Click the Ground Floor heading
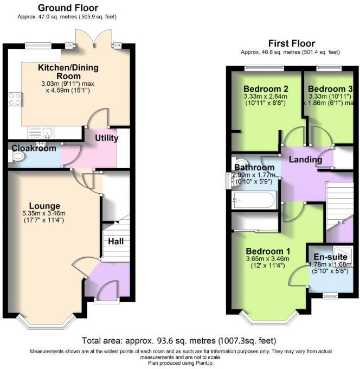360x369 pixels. pos(67,8)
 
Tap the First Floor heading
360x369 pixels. pos(292,43)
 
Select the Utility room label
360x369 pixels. pos(107,138)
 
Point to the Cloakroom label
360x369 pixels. pos(35,148)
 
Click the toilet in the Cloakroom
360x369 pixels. pos(17,157)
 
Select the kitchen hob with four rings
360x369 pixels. pos(14,99)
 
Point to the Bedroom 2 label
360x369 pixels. pos(265,89)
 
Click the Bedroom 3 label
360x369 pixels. pos(330,89)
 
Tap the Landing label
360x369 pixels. pos(305,160)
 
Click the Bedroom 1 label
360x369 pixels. pos(268,251)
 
